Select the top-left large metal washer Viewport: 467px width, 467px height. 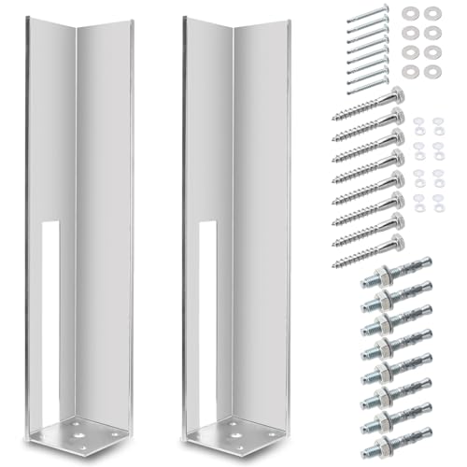point(412,13)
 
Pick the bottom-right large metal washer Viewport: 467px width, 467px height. point(432,71)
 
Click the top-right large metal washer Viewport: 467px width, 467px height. point(432,13)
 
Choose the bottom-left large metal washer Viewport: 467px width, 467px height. point(412,71)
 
